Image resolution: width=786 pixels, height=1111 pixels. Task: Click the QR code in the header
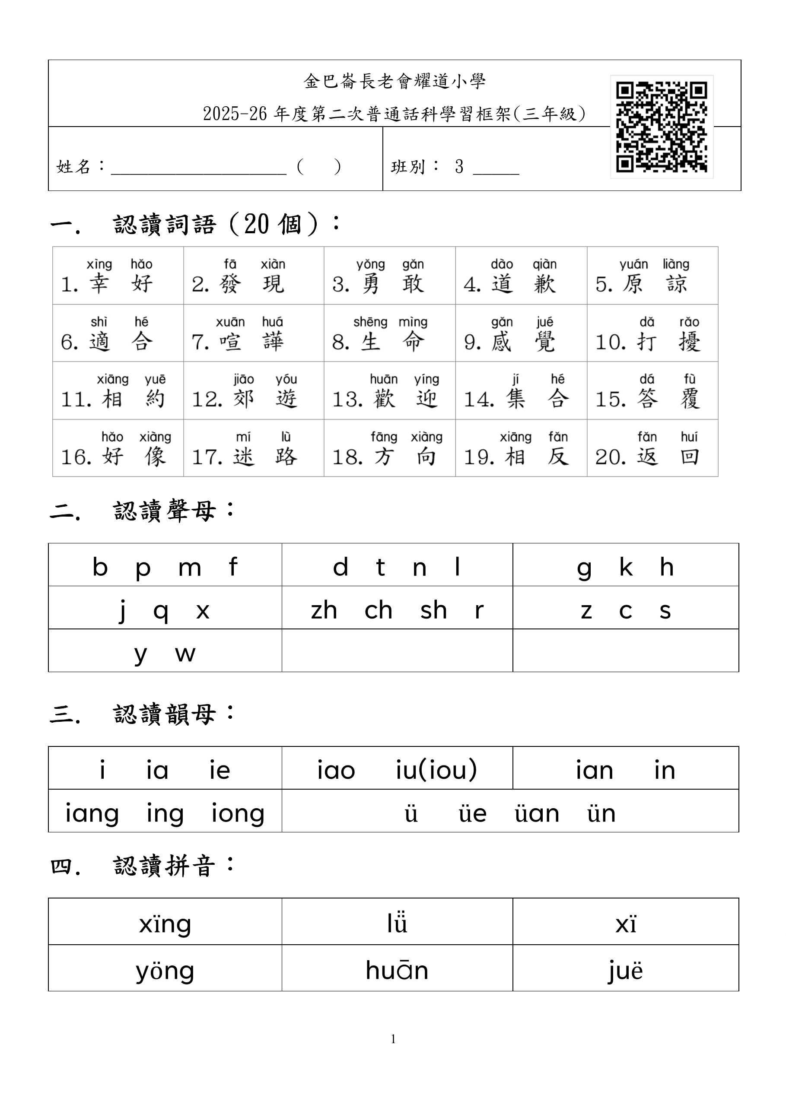click(661, 127)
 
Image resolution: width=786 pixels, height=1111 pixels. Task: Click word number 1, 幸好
click(120, 283)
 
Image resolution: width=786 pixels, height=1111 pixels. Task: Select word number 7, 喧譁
click(251, 342)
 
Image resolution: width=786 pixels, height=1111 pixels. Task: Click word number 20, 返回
click(668, 456)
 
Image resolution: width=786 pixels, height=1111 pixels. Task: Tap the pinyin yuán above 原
click(633, 265)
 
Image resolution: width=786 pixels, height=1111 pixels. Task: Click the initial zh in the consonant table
click(324, 610)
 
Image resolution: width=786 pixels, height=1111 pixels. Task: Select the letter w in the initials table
click(185, 654)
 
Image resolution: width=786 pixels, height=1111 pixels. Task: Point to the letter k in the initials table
click(626, 567)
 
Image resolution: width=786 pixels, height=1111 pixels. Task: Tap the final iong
click(238, 813)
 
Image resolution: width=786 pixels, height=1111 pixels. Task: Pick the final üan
click(537, 813)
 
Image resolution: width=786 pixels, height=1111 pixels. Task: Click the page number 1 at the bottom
click(393, 1039)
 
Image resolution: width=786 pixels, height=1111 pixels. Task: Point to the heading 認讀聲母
click(165, 511)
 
